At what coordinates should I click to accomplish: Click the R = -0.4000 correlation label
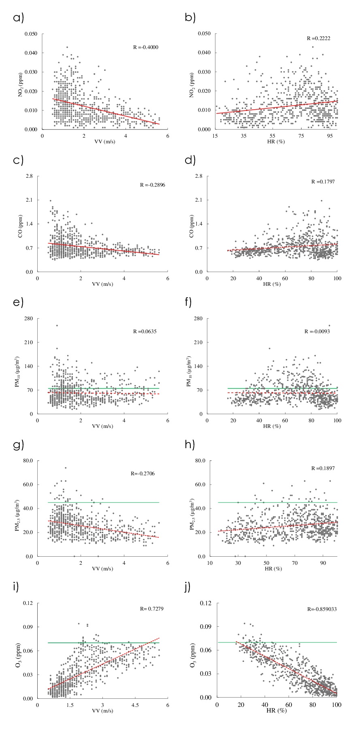pyautogui.click(x=146, y=47)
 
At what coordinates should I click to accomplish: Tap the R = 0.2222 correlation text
pyautogui.click(x=318, y=38)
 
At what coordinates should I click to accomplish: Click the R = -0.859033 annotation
pyautogui.click(x=322, y=608)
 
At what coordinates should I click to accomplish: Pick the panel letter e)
pyautogui.click(x=18, y=302)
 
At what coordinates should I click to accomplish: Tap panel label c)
pyautogui.click(x=18, y=160)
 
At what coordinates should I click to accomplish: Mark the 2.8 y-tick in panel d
pyautogui.click(x=199, y=176)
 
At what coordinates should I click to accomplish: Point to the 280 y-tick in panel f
pyautogui.click(x=198, y=318)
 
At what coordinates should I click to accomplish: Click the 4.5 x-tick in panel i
pyautogui.click(x=135, y=705)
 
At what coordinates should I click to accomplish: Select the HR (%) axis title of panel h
pyautogui.click(x=272, y=569)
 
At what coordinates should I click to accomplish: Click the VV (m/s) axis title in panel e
pyautogui.click(x=103, y=426)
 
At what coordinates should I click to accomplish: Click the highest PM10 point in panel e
pyautogui.click(x=57, y=326)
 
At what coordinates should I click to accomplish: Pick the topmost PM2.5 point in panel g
pyautogui.click(x=66, y=468)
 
